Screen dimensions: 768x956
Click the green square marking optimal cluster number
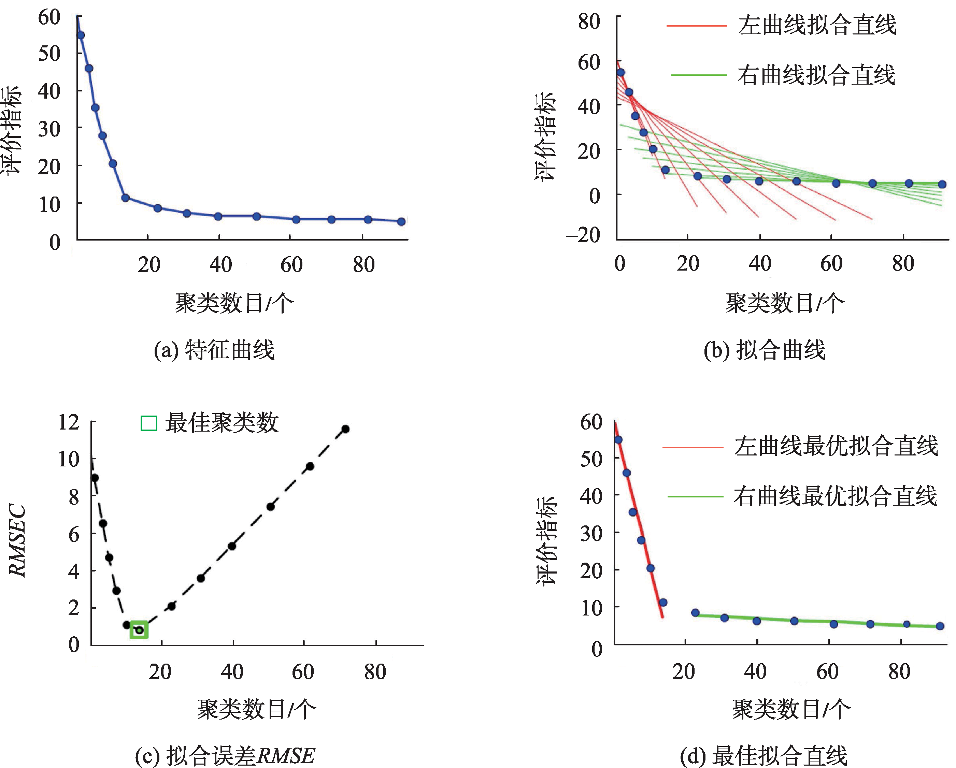click(x=139, y=630)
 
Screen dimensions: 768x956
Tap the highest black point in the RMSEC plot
click(x=345, y=429)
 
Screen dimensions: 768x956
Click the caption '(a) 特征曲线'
click(x=214, y=350)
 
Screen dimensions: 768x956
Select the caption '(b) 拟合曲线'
click(x=765, y=350)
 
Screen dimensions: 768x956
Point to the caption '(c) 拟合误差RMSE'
click(x=225, y=756)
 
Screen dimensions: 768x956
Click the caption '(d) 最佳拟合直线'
click(x=764, y=756)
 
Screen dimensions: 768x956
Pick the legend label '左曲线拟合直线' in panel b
click(x=817, y=25)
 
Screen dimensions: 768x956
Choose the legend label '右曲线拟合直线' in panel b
click(x=816, y=75)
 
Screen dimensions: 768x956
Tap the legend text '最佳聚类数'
click(x=222, y=423)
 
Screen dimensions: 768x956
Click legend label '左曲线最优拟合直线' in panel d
click(x=836, y=446)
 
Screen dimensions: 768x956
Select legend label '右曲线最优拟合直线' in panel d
click(x=836, y=496)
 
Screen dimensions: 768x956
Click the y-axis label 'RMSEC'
click(x=18, y=541)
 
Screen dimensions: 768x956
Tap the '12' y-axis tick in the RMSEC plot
click(x=69, y=422)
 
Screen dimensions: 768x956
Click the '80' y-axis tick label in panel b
click(x=589, y=21)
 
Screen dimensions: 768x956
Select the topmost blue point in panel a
click(x=81, y=35)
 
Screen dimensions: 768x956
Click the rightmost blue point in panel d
click(x=940, y=626)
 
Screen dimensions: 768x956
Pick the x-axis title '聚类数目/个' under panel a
click(x=234, y=304)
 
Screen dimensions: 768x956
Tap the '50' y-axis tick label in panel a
click(x=49, y=54)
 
